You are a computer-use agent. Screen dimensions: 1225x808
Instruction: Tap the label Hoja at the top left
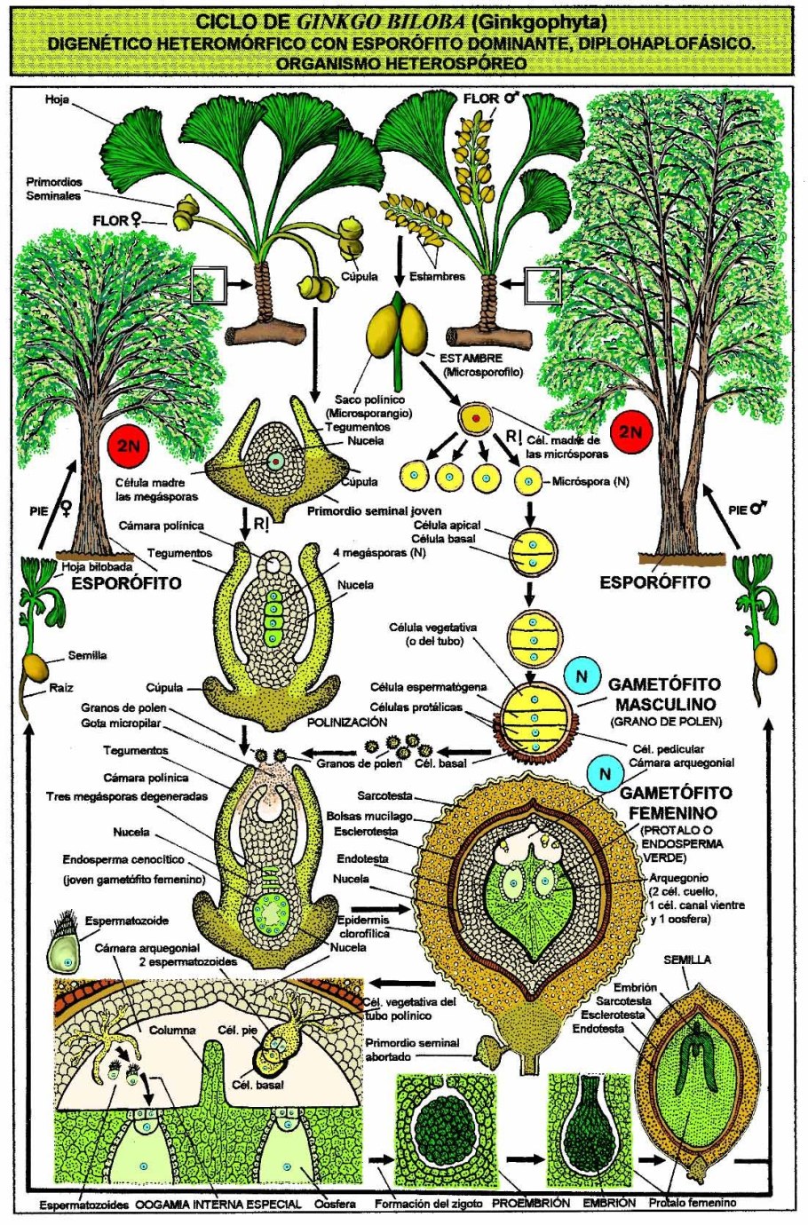(x=57, y=100)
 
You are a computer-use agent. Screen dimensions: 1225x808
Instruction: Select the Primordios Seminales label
(x=53, y=189)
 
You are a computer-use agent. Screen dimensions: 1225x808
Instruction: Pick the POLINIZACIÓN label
(x=347, y=723)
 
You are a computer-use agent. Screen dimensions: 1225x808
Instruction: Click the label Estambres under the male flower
(x=437, y=276)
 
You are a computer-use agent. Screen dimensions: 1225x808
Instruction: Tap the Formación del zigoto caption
(x=428, y=1204)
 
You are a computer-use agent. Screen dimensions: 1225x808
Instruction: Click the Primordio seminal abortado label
(x=413, y=1050)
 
